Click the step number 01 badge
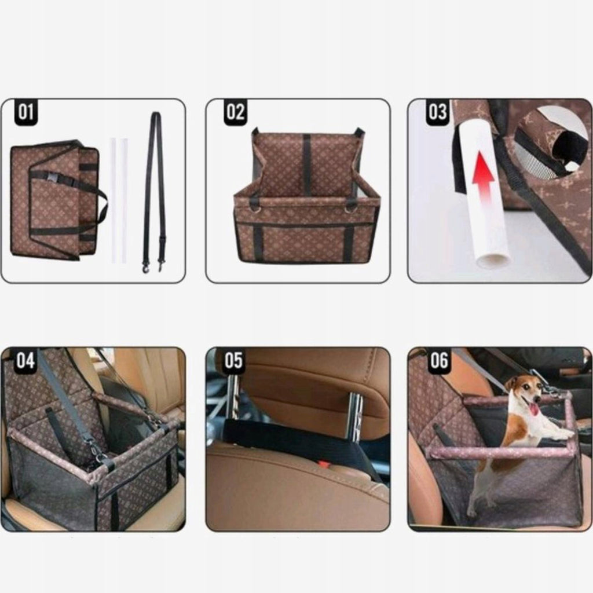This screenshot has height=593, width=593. click(x=26, y=112)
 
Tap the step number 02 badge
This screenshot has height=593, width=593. click(x=235, y=112)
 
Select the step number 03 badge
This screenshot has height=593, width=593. click(x=438, y=112)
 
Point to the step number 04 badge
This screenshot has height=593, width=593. click(x=25, y=360)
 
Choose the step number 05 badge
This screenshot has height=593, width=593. click(x=233, y=360)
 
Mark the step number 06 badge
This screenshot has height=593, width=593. click(x=439, y=360)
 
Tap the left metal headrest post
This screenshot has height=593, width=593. click(x=232, y=398)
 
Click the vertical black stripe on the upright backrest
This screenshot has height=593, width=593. click(x=306, y=165)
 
